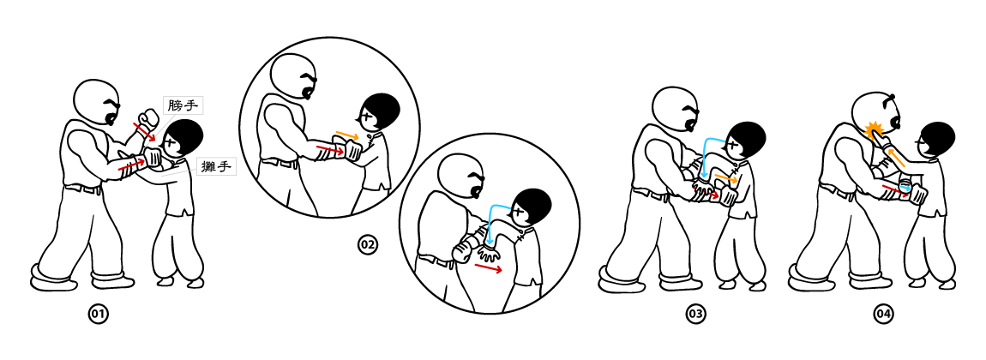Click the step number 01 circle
point(98,314)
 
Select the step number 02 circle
point(367,245)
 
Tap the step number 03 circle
point(694,314)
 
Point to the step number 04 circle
point(883,314)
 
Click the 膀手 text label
point(183,105)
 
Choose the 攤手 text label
point(215,167)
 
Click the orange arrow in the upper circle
point(347,135)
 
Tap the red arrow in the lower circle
point(489,268)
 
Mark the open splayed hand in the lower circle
point(490,254)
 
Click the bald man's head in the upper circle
point(293,76)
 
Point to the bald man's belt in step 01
point(83,188)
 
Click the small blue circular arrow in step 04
point(905,186)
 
